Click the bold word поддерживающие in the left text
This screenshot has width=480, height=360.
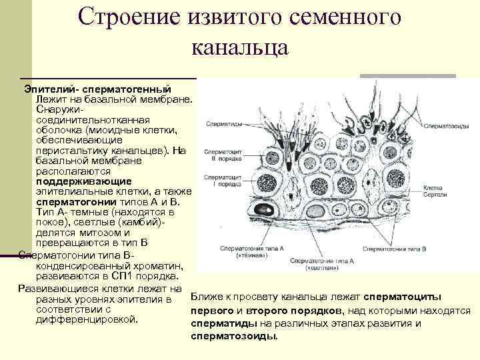coord(74,181)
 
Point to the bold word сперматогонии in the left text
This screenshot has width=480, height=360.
coord(73,201)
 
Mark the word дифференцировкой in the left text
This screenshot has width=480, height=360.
coord(86,320)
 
